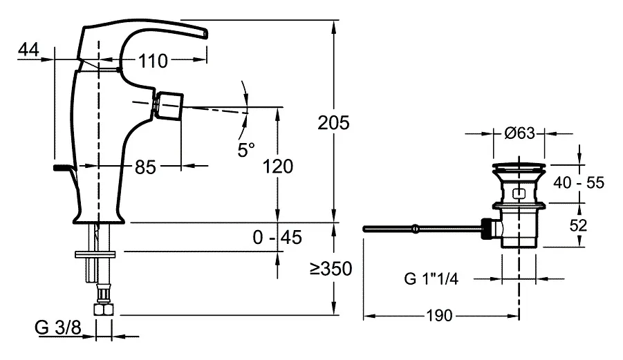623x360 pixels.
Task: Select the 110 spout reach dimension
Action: pyautogui.click(x=152, y=61)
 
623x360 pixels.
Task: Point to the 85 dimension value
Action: pyautogui.click(x=145, y=167)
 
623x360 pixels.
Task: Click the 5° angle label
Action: pyautogui.click(x=246, y=149)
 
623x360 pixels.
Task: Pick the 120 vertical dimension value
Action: pyautogui.click(x=277, y=166)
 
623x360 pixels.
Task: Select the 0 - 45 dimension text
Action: pyautogui.click(x=277, y=238)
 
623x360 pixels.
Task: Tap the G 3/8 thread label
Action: pyautogui.click(x=59, y=328)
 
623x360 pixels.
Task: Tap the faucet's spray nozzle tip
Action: pyautogui.click(x=171, y=106)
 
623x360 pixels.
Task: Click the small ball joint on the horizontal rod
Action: pyautogui.click(x=414, y=227)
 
